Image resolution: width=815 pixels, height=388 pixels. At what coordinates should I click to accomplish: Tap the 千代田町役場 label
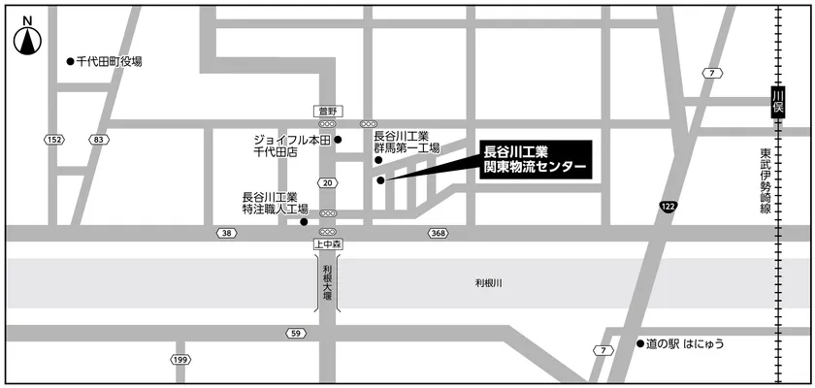click(x=109, y=61)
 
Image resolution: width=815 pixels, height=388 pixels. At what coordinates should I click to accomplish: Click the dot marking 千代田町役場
click(x=69, y=61)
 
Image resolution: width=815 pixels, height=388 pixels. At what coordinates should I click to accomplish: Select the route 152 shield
click(x=54, y=140)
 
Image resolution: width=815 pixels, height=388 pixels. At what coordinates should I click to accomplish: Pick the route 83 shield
click(x=97, y=140)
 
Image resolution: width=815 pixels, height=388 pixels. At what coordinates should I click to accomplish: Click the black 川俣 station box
click(x=776, y=102)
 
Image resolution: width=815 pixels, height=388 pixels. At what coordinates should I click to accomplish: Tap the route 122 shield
click(x=668, y=207)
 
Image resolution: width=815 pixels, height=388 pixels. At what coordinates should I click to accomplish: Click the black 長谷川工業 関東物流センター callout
click(x=535, y=160)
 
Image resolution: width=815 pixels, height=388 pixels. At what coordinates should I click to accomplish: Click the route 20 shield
click(x=328, y=182)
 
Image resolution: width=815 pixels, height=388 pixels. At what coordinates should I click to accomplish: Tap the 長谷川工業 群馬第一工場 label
click(x=407, y=142)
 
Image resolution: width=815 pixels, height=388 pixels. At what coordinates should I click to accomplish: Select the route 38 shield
click(x=226, y=233)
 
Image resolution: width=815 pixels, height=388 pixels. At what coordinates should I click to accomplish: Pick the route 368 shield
click(x=438, y=233)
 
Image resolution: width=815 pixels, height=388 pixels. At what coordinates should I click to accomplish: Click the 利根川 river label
click(x=489, y=283)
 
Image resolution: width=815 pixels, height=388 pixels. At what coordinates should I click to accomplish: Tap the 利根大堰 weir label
click(x=328, y=282)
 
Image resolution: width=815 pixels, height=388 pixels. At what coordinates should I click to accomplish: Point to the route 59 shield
click(x=295, y=334)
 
